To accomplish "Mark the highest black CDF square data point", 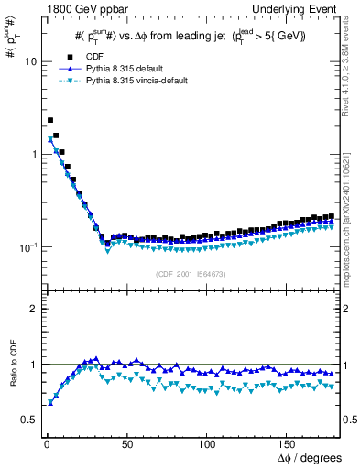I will click(x=50, y=120).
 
